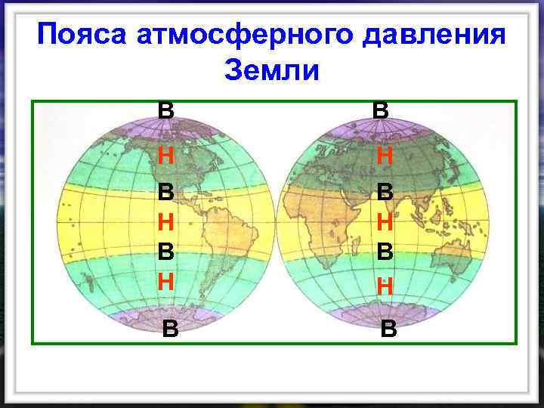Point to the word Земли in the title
(273, 71)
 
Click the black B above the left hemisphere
(165, 110)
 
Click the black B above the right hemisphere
(381, 110)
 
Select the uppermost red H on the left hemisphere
(166, 156)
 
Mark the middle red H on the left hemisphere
(166, 221)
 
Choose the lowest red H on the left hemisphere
(166, 281)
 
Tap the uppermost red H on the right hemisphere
(384, 156)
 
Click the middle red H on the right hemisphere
(385, 222)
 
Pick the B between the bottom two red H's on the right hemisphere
(385, 253)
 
